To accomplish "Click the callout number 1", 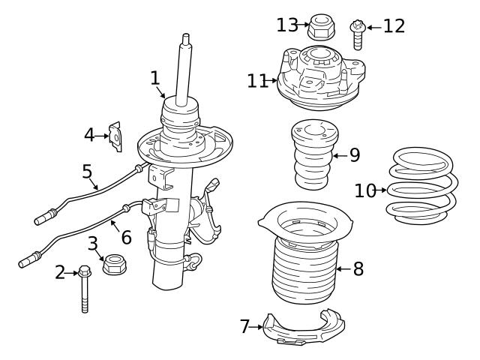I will (x=154, y=77).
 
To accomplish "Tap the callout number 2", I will (x=60, y=273).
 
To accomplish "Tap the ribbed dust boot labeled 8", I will (x=304, y=266).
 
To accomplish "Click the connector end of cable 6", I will (x=28, y=262).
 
